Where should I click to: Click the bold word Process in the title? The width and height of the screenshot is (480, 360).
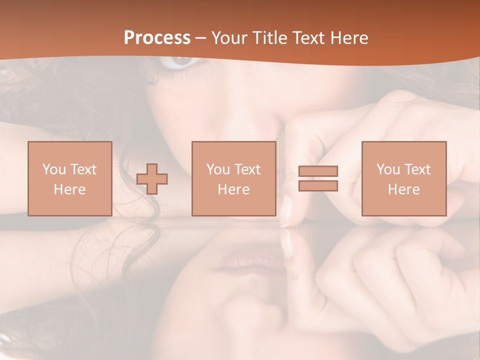(157, 38)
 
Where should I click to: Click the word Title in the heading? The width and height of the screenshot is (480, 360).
(272, 38)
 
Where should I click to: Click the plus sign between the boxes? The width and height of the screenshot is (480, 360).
(152, 178)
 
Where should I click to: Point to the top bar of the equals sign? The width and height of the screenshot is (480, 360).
(318, 171)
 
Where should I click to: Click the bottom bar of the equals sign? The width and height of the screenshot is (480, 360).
(318, 185)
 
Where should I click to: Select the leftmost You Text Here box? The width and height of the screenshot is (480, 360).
(69, 178)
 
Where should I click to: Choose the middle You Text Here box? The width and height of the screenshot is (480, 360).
(233, 178)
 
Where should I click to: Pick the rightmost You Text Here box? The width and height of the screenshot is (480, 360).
(403, 178)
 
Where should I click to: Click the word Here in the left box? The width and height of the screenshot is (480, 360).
(69, 189)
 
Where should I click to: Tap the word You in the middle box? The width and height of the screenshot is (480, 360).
(218, 169)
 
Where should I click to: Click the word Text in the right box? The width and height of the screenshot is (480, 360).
(416, 169)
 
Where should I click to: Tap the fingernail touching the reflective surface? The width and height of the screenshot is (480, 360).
(286, 212)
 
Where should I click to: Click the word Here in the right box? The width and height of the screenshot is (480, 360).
(403, 189)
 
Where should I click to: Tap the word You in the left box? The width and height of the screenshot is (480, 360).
(54, 169)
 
